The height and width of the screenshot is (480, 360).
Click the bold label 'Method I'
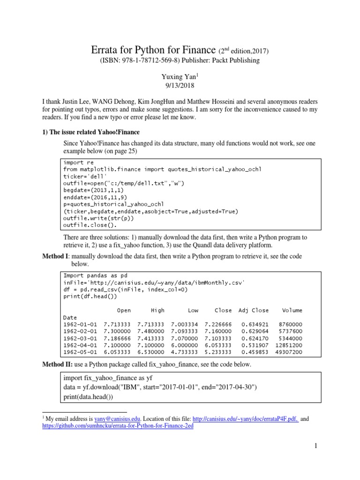pyautogui.click(x=56, y=257)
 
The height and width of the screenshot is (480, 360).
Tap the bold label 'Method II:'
pyautogui.click(x=58, y=364)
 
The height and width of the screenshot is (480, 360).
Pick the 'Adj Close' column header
pyautogui.click(x=254, y=310)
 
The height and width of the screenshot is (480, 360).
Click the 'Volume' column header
pyautogui.click(x=292, y=310)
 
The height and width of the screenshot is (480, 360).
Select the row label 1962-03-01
pyautogui.click(x=80, y=338)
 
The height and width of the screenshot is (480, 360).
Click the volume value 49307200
pyautogui.click(x=289, y=352)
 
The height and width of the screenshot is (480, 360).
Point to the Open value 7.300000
pyautogui.click(x=118, y=331)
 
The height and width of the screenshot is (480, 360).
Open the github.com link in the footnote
pyautogui.click(x=115, y=426)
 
